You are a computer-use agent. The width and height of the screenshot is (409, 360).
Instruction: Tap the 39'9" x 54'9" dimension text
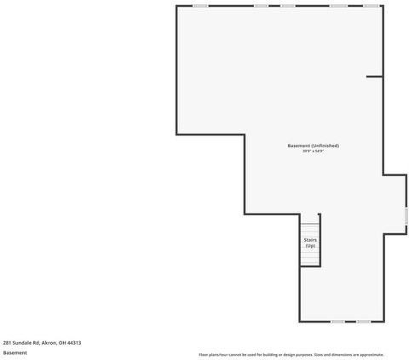click(313, 151)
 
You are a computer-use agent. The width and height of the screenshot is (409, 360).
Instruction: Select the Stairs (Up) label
click(309, 243)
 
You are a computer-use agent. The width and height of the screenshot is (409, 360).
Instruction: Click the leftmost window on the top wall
click(200, 6)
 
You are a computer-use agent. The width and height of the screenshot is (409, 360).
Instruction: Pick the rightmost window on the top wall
click(372, 6)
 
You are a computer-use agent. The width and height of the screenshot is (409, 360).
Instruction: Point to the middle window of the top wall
click(287, 6)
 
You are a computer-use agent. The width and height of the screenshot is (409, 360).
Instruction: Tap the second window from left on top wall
click(261, 6)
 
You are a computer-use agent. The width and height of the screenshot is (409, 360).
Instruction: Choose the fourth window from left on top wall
click(338, 6)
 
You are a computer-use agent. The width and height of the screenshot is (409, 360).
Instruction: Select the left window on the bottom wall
click(337, 322)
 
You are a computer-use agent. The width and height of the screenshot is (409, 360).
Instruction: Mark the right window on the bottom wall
click(363, 322)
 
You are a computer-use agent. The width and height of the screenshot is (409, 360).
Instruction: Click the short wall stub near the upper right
click(374, 77)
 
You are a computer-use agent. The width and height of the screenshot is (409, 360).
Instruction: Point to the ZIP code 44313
click(74, 342)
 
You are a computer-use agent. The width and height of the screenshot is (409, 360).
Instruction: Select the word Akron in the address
click(49, 342)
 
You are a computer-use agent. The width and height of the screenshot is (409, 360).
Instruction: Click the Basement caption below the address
click(14, 352)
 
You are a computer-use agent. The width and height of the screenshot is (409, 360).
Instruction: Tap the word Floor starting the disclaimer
click(203, 355)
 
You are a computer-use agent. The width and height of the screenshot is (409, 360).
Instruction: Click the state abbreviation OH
click(61, 342)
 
